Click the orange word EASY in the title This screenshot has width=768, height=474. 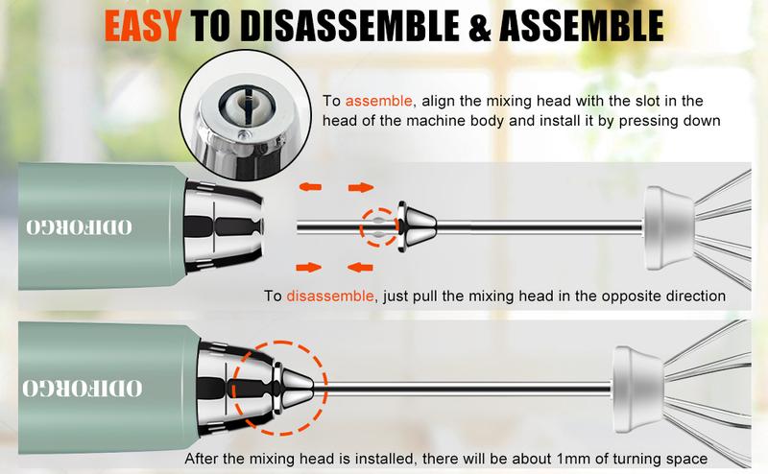tap(142, 26)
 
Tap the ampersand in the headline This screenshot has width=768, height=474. tap(478, 26)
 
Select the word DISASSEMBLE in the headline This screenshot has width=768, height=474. tap(349, 26)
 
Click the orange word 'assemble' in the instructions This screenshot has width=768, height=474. tap(378, 101)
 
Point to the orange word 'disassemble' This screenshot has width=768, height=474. tap(330, 296)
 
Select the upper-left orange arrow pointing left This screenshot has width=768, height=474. tap(310, 186)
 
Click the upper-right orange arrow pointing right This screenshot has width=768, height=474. tap(361, 187)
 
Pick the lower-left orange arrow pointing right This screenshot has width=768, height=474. tap(309, 267)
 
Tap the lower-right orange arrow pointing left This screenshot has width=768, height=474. tap(360, 267)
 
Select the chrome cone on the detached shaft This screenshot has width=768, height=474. tap(417, 226)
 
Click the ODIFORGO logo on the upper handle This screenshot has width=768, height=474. tap(79, 227)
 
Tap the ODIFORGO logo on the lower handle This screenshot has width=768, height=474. tap(83, 389)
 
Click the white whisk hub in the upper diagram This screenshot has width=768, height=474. tap(668, 228)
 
